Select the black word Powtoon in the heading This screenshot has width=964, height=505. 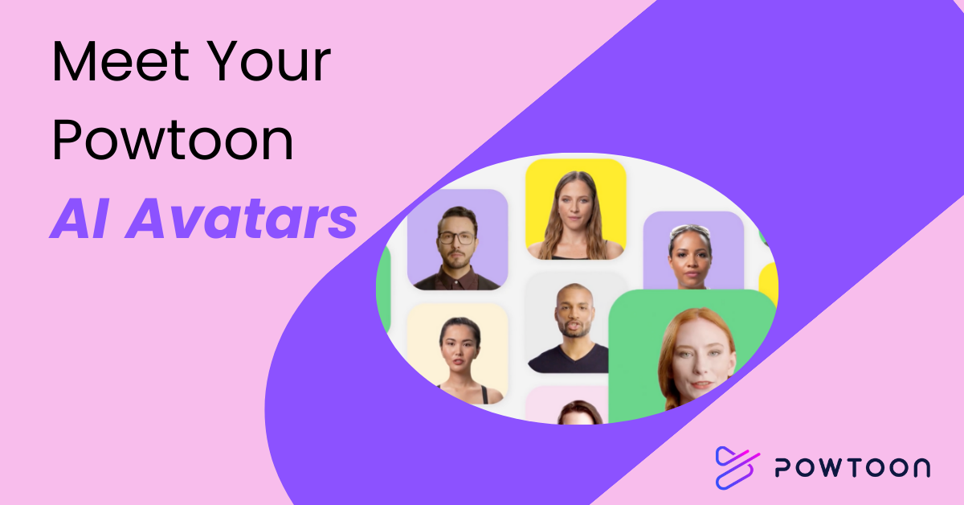(172, 141)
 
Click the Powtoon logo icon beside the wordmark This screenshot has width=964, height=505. (737, 467)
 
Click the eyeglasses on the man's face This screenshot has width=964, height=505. (457, 238)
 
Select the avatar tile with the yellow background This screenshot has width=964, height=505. (575, 209)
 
